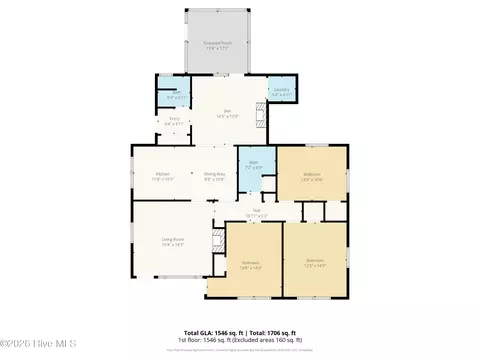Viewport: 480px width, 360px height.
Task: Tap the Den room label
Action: click(228, 110)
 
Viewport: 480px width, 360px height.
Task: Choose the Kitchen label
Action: click(162, 176)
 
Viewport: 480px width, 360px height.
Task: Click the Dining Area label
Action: click(214, 176)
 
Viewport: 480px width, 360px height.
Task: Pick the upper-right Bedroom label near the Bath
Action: click(312, 177)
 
